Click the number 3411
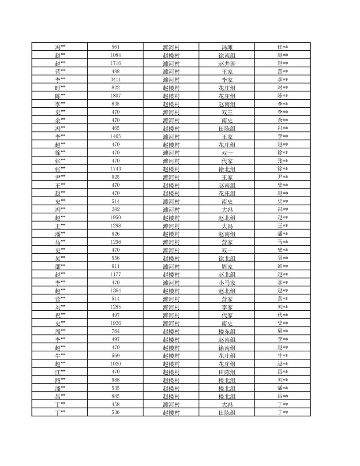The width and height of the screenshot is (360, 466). coord(116,79)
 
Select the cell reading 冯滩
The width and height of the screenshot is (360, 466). coord(227,47)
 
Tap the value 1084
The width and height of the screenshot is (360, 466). coord(116,55)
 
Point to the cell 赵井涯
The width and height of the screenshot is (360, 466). coord(227,64)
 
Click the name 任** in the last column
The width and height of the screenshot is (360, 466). coord(282,47)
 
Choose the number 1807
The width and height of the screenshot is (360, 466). coord(116,96)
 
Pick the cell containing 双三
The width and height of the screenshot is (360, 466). coord(227,112)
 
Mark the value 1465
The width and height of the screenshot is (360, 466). coord(116,136)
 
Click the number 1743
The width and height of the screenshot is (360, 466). coord(116,169)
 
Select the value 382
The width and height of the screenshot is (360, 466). coord(116,210)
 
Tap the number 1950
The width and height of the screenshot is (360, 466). coord(116,218)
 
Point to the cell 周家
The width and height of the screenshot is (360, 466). coord(227,267)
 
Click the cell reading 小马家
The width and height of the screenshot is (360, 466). coord(227,283)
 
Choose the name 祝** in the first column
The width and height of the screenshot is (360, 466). coord(60,315)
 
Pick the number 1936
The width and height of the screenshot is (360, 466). coord(116,323)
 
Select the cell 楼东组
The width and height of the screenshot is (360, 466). coord(227,331)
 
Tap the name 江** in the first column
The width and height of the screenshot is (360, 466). coord(60,372)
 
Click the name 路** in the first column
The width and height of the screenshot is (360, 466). coord(60,380)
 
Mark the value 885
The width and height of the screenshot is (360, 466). coord(116,396)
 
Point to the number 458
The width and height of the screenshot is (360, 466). coord(116,404)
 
